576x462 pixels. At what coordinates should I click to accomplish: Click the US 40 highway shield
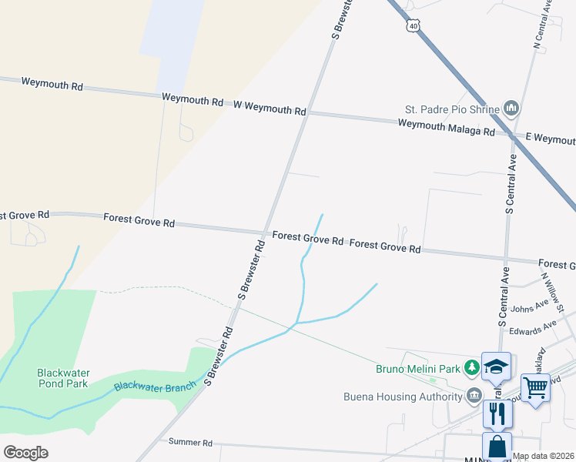tap(414, 26)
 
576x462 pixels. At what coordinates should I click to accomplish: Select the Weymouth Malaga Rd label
tap(447, 128)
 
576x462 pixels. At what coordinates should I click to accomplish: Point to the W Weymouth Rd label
tap(269, 107)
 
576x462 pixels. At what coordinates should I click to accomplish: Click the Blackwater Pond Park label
tap(62, 377)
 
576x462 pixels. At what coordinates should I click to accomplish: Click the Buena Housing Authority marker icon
tap(474, 397)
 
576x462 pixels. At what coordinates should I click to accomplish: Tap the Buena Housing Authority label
tap(404, 397)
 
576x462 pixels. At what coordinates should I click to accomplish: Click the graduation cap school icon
tap(496, 367)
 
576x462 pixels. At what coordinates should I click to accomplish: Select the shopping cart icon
tap(535, 387)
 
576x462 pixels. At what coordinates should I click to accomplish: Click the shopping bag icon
tap(497, 446)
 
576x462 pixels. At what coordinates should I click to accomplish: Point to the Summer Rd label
tap(190, 442)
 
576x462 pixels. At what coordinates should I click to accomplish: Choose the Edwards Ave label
tap(537, 326)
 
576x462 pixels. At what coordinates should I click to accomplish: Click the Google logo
tap(25, 452)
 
